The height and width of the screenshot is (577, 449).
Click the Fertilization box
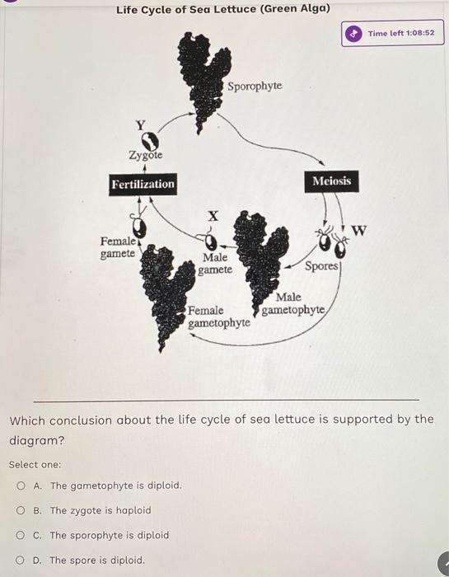pyautogui.click(x=143, y=184)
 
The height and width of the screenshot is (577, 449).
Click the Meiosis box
pyautogui.click(x=331, y=181)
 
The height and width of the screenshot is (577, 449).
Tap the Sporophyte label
pyautogui.click(x=255, y=86)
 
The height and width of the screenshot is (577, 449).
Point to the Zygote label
pyautogui.click(x=145, y=155)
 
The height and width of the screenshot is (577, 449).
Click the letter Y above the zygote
pyautogui.click(x=140, y=124)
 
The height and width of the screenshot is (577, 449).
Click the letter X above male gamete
pyautogui.click(x=213, y=215)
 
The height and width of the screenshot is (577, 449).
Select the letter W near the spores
pyautogui.click(x=359, y=228)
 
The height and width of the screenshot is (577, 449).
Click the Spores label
pyautogui.click(x=322, y=266)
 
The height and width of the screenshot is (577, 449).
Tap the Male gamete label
pyautogui.click(x=217, y=264)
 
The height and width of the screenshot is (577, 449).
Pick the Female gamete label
pyautogui.click(x=118, y=247)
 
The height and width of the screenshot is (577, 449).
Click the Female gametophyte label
pyautogui.click(x=218, y=317)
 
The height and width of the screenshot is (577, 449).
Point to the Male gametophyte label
pyautogui.click(x=294, y=303)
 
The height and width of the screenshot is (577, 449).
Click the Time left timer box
pyautogui.click(x=393, y=34)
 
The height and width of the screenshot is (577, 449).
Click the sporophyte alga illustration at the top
pyautogui.click(x=202, y=78)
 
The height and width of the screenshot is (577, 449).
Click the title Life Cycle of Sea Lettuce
pyautogui.click(x=222, y=10)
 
